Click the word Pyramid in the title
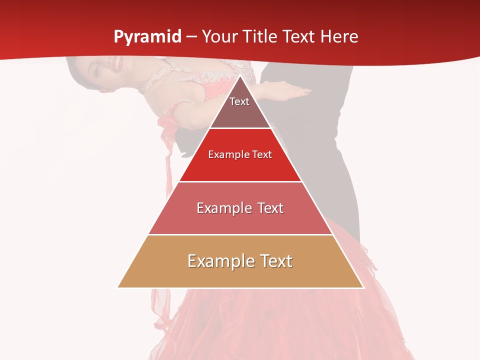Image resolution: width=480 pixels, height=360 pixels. [147, 37]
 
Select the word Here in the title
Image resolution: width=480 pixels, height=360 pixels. [339, 37]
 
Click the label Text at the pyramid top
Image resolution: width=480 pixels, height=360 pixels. [239, 101]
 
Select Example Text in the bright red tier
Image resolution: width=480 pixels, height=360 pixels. [240, 154]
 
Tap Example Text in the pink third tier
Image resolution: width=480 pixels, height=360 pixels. [240, 208]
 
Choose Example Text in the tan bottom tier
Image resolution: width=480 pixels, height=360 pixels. [240, 261]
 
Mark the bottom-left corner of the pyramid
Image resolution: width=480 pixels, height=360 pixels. [118, 287]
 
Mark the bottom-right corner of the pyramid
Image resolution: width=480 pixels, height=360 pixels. [363, 287]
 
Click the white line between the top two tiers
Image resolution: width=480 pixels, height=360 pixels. [240, 128]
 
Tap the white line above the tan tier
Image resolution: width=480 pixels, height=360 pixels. [240, 234]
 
